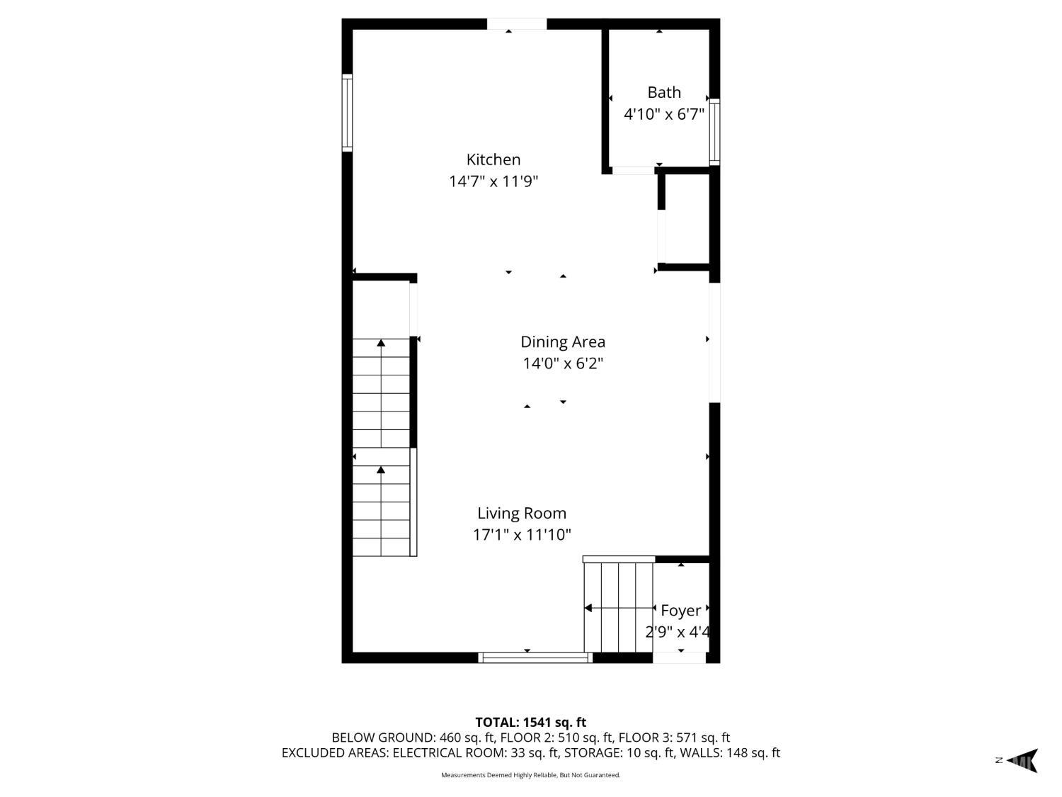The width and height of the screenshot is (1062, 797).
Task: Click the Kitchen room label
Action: (x=493, y=159)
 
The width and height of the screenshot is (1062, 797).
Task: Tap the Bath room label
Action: (x=664, y=92)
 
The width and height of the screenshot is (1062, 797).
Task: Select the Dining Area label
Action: (x=563, y=341)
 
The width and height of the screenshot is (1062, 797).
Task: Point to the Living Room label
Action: (x=522, y=513)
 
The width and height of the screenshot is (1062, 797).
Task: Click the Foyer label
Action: (x=681, y=611)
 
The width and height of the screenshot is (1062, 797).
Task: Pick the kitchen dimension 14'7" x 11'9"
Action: (x=493, y=181)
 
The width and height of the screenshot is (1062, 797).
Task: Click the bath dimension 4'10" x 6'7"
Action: (x=664, y=114)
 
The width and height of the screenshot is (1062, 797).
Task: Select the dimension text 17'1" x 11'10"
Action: (x=522, y=535)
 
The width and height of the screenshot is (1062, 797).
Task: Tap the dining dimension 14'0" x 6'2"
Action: (x=563, y=363)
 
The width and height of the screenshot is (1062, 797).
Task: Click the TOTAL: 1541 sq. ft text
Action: (x=531, y=722)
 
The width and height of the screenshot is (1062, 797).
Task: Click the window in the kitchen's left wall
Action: (x=347, y=113)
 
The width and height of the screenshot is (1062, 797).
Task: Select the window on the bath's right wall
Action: (x=714, y=132)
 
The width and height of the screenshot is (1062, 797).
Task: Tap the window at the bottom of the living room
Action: (x=535, y=657)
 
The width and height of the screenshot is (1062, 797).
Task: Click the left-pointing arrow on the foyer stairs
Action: (x=619, y=608)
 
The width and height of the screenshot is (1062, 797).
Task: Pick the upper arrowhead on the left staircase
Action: (x=381, y=343)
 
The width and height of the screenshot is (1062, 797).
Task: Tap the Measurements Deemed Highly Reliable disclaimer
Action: (x=531, y=775)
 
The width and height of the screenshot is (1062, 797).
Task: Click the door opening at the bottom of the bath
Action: (x=634, y=170)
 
